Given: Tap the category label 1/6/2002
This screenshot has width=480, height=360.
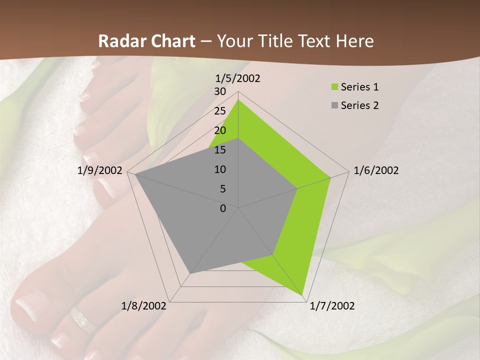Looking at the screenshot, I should click(376, 170).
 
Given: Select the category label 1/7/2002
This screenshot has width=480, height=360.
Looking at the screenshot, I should click(332, 306).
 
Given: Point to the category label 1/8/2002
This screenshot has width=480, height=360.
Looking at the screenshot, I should click(144, 306).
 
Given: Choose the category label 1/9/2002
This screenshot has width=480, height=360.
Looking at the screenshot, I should click(99, 170).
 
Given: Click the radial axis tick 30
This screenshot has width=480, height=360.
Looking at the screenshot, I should click(220, 91).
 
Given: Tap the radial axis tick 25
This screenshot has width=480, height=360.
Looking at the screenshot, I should click(220, 111).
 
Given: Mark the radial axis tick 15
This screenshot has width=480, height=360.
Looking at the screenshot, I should click(220, 150).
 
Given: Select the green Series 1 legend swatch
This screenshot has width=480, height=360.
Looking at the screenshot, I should click(334, 87).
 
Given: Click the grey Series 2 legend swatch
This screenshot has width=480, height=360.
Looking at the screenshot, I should click(334, 105).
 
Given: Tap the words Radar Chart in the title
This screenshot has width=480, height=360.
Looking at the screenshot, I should click(146, 41).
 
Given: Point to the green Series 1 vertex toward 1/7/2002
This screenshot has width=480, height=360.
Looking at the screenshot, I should click(303, 294).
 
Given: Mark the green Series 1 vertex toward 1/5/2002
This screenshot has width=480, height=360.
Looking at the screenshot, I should click(238, 100).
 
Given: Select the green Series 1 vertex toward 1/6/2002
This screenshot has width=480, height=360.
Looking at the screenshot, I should click(330, 177).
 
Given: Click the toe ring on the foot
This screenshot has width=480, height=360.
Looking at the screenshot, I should click(83, 320).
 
